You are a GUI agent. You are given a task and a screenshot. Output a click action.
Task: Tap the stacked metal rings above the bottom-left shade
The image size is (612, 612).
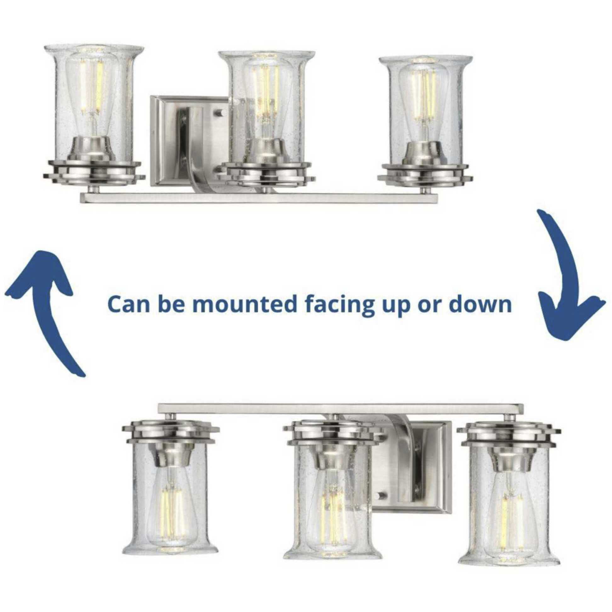[170, 433]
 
